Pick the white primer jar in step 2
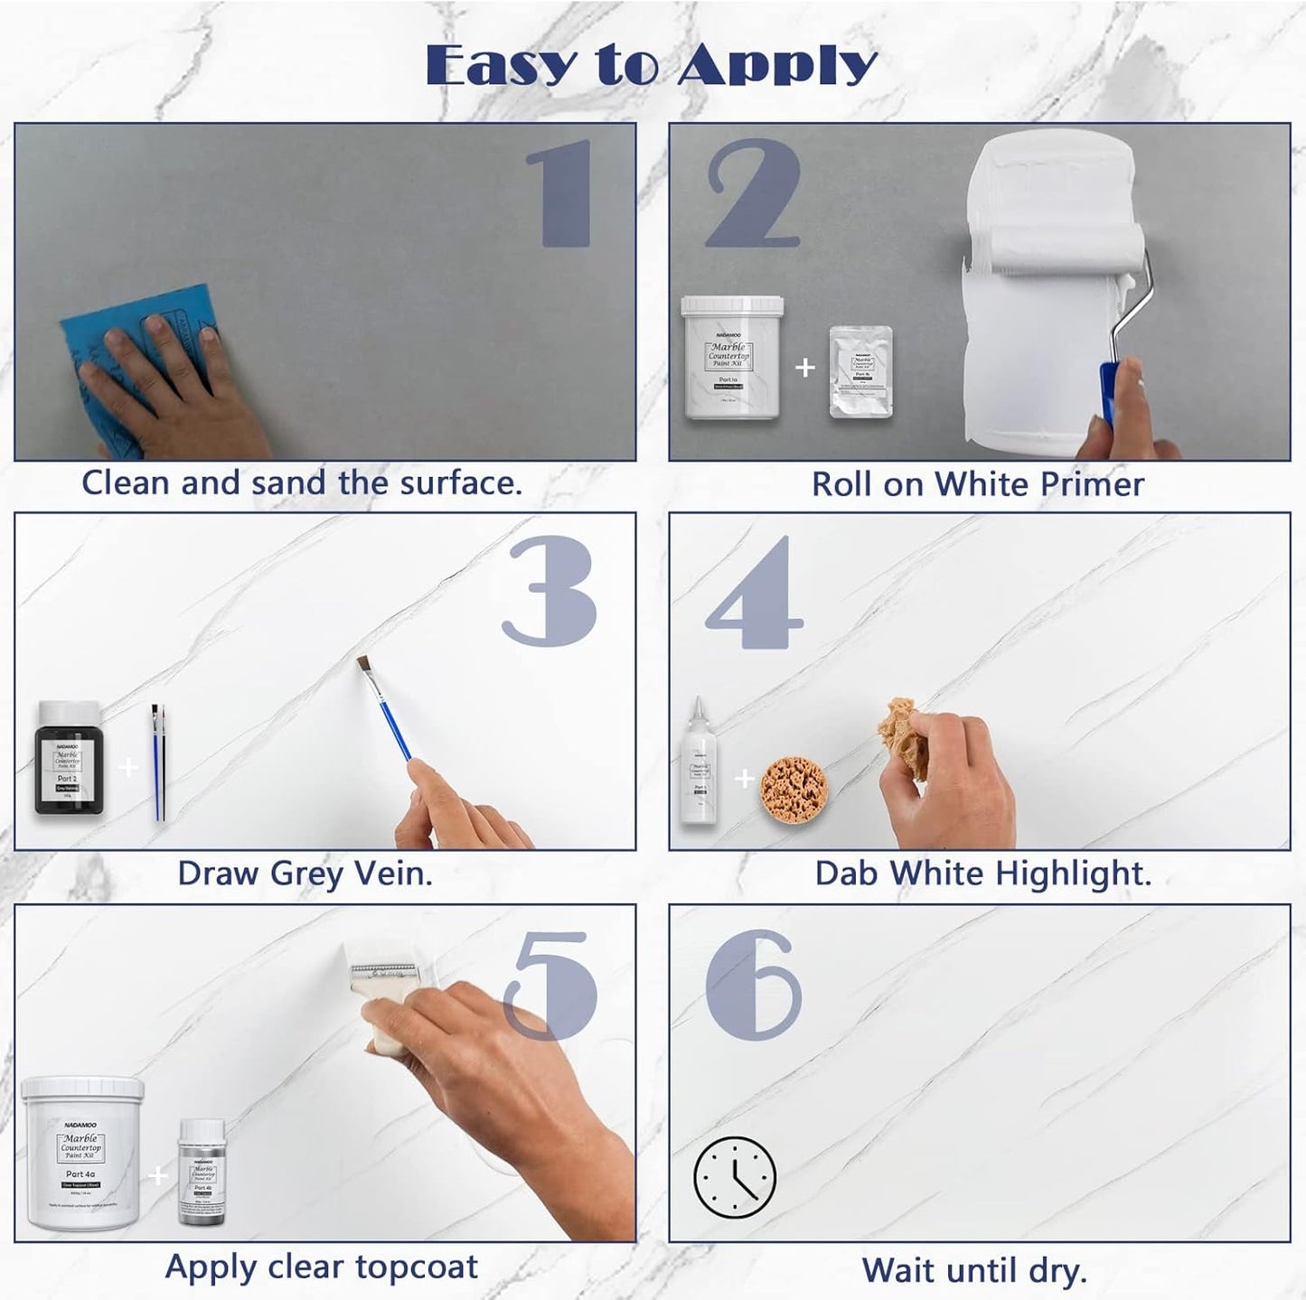(731, 358)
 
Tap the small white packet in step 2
(860, 371)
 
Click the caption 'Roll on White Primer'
(977, 484)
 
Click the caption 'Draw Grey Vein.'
(305, 874)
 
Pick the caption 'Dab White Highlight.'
(982, 874)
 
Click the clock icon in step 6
(734, 1177)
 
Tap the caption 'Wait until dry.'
(973, 1270)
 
